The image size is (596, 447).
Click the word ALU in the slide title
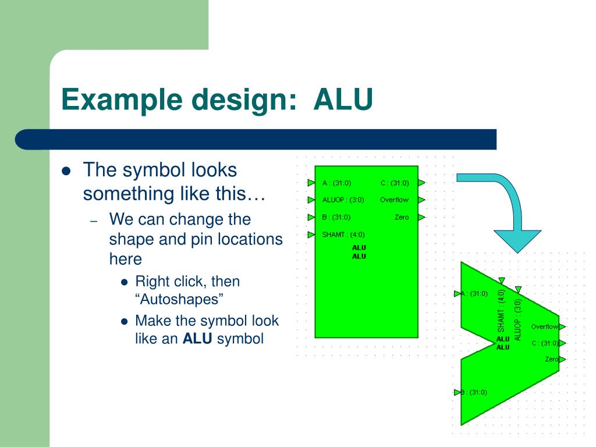(343, 100)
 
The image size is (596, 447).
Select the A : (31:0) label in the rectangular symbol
(336, 183)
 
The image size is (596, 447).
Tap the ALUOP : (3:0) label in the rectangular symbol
(343, 200)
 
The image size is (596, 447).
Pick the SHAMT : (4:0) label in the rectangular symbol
(343, 235)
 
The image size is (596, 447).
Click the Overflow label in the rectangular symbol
(394, 200)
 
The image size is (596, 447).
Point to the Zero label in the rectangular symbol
(402, 218)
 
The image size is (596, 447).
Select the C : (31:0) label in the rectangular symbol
(395, 183)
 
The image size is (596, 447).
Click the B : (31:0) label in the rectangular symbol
(336, 218)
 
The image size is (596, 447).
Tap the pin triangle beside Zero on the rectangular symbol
(421, 218)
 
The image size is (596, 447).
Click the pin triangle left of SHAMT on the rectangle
(311, 235)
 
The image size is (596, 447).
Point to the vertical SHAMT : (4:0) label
(501, 311)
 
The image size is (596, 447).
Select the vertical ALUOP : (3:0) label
(518, 319)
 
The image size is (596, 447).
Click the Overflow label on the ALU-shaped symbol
(544, 327)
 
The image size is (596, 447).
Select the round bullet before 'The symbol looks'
(66, 171)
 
